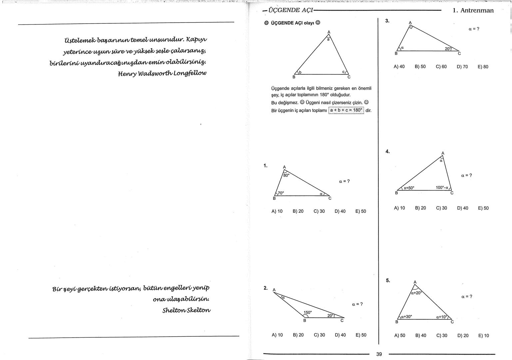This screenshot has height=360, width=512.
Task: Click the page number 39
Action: (379, 354)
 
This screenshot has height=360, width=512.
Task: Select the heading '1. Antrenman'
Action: (473, 10)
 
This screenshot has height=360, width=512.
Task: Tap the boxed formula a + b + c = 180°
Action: (346, 110)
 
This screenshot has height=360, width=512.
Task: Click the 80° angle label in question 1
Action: (286, 175)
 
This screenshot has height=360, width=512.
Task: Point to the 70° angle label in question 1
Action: (281, 193)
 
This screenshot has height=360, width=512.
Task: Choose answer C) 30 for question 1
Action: (319, 211)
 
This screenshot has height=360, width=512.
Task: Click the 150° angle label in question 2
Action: (307, 312)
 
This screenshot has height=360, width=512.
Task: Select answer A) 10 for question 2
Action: (277, 335)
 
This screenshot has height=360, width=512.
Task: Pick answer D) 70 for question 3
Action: (462, 67)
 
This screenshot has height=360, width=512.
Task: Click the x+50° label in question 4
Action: (409, 188)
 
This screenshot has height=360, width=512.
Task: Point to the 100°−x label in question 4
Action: (442, 188)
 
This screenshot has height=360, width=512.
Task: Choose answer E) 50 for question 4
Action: (483, 208)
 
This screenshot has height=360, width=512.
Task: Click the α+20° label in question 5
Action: (416, 293)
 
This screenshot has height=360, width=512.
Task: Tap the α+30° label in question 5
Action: (406, 317)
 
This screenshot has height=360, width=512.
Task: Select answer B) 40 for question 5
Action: (420, 336)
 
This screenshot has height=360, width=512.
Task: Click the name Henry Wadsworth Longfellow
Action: (162, 73)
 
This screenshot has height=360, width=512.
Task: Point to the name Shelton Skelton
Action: (186, 310)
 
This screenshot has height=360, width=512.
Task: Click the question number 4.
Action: (387, 152)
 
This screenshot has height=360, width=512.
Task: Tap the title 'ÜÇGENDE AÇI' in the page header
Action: (288, 10)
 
